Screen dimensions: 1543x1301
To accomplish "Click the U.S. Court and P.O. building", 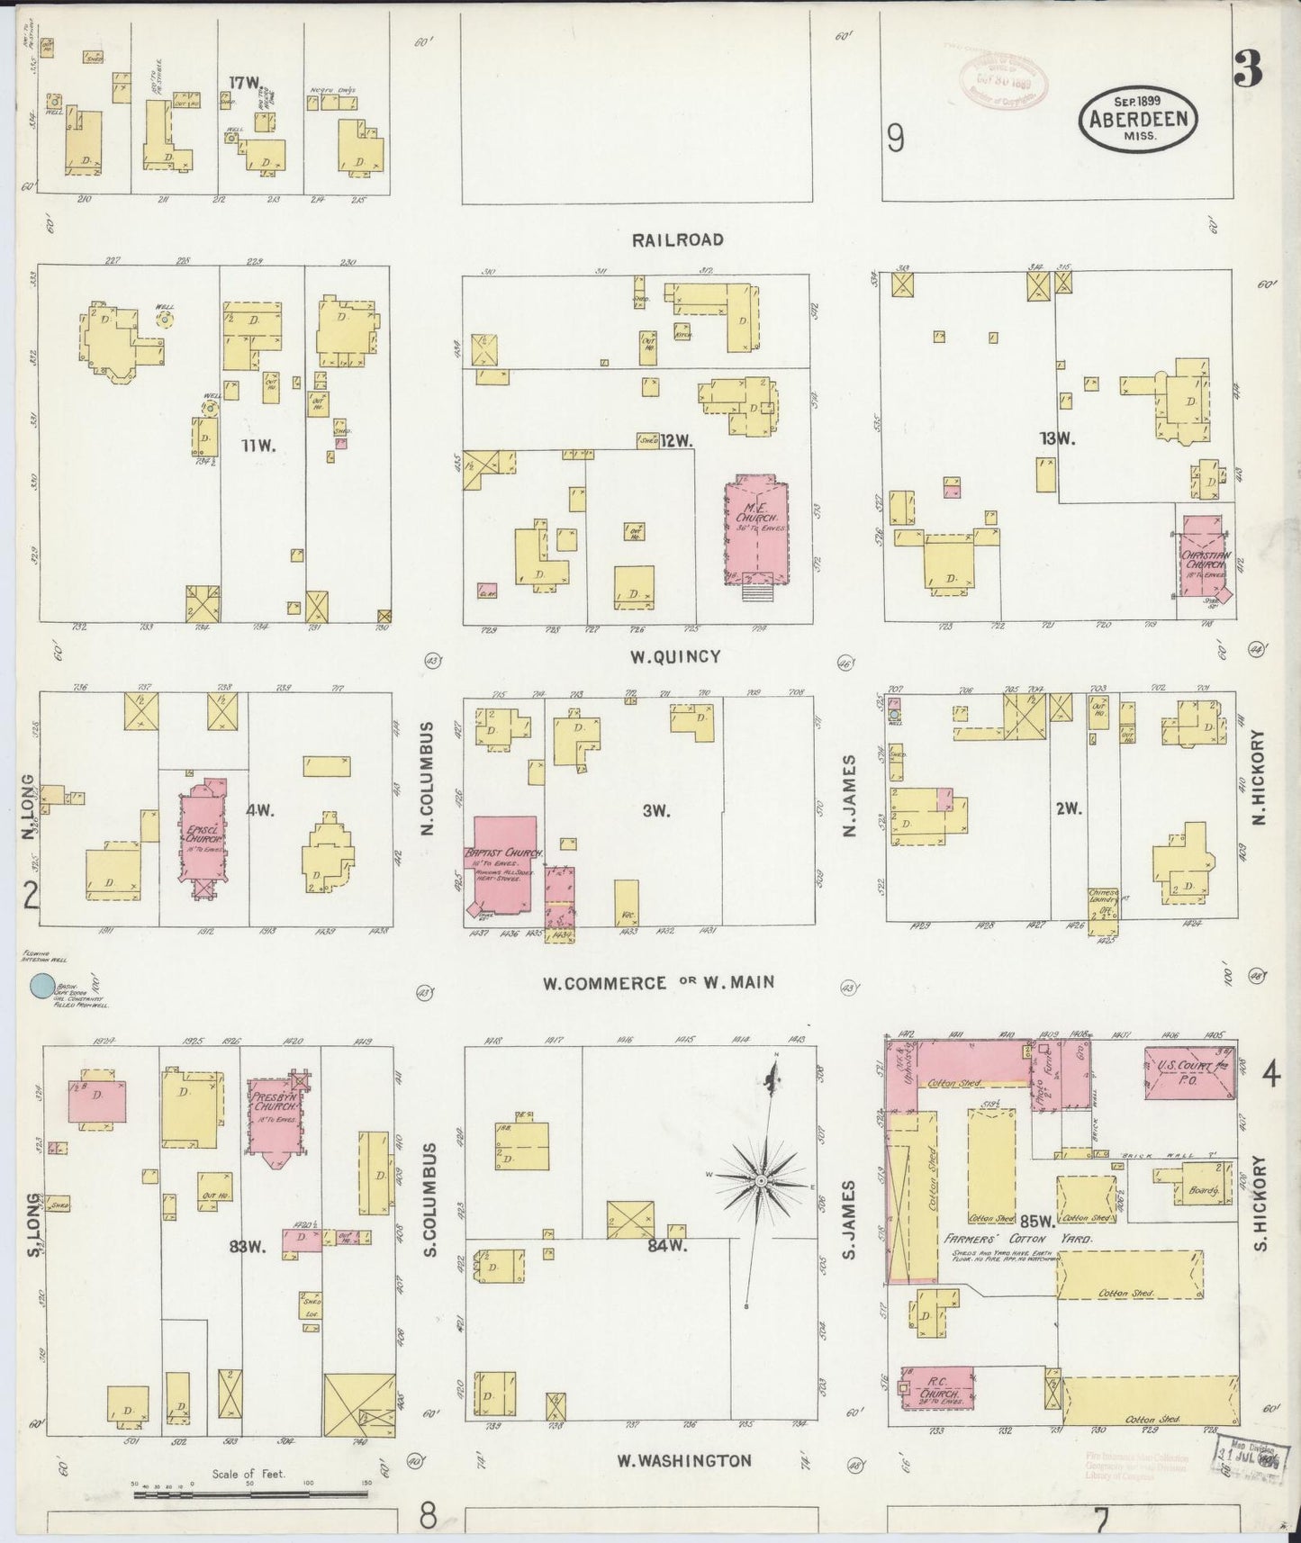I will pyautogui.click(x=1187, y=1072).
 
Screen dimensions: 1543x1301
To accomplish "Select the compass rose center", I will pyautogui.click(x=761, y=1179).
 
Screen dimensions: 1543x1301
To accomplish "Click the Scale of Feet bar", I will pyautogui.click(x=250, y=1493).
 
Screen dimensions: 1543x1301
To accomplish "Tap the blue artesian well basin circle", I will pyautogui.click(x=41, y=988).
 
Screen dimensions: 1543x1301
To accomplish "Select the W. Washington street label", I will pyautogui.click(x=684, y=1459).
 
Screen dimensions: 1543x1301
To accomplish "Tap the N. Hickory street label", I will pyautogui.click(x=1258, y=776).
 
